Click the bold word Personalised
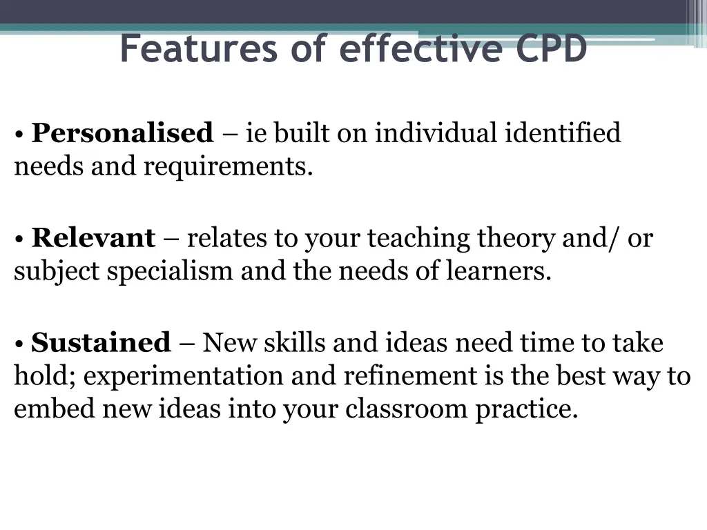coord(122,132)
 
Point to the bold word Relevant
coord(93,238)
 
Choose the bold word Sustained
coord(101,343)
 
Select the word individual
coord(436,132)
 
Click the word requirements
coord(228,166)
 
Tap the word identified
coord(563,132)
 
